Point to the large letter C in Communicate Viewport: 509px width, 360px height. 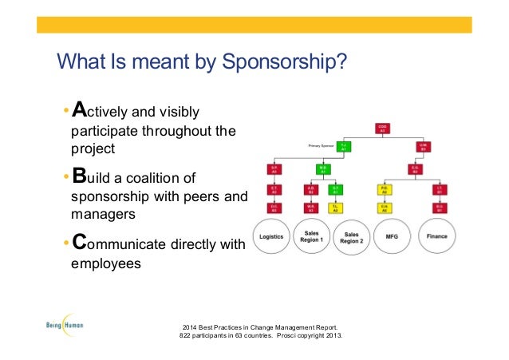(x=80, y=243)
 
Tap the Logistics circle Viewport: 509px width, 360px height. (x=274, y=236)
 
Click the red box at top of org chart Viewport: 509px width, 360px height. (x=383, y=129)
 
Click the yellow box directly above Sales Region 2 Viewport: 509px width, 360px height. (x=337, y=208)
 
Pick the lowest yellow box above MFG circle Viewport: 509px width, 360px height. (x=384, y=208)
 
